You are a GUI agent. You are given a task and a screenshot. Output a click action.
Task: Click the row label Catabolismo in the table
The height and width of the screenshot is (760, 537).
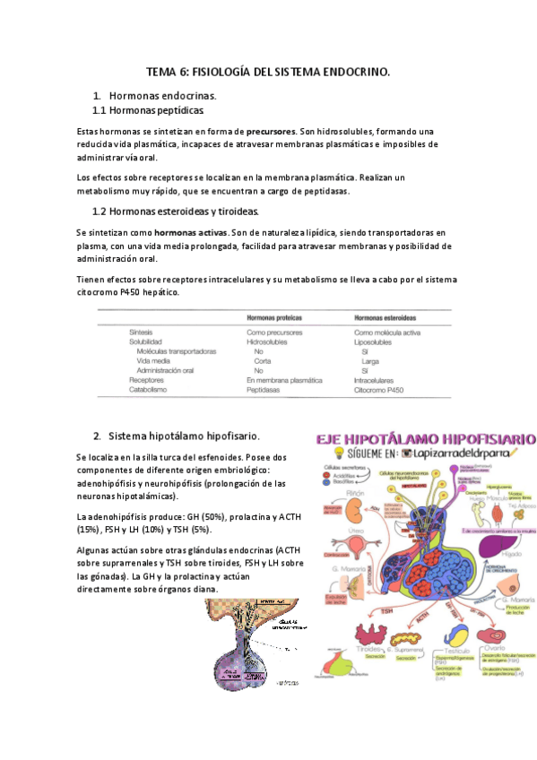coord(148,390)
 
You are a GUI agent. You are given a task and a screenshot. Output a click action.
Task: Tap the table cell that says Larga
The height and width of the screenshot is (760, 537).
coord(361,360)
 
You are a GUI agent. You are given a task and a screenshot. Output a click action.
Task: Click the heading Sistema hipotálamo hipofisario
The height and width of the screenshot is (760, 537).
coord(184,436)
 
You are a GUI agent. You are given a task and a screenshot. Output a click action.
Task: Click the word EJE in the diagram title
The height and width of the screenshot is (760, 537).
coord(333,439)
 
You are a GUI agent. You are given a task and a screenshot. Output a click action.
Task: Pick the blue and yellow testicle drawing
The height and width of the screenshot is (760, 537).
coord(459,632)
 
